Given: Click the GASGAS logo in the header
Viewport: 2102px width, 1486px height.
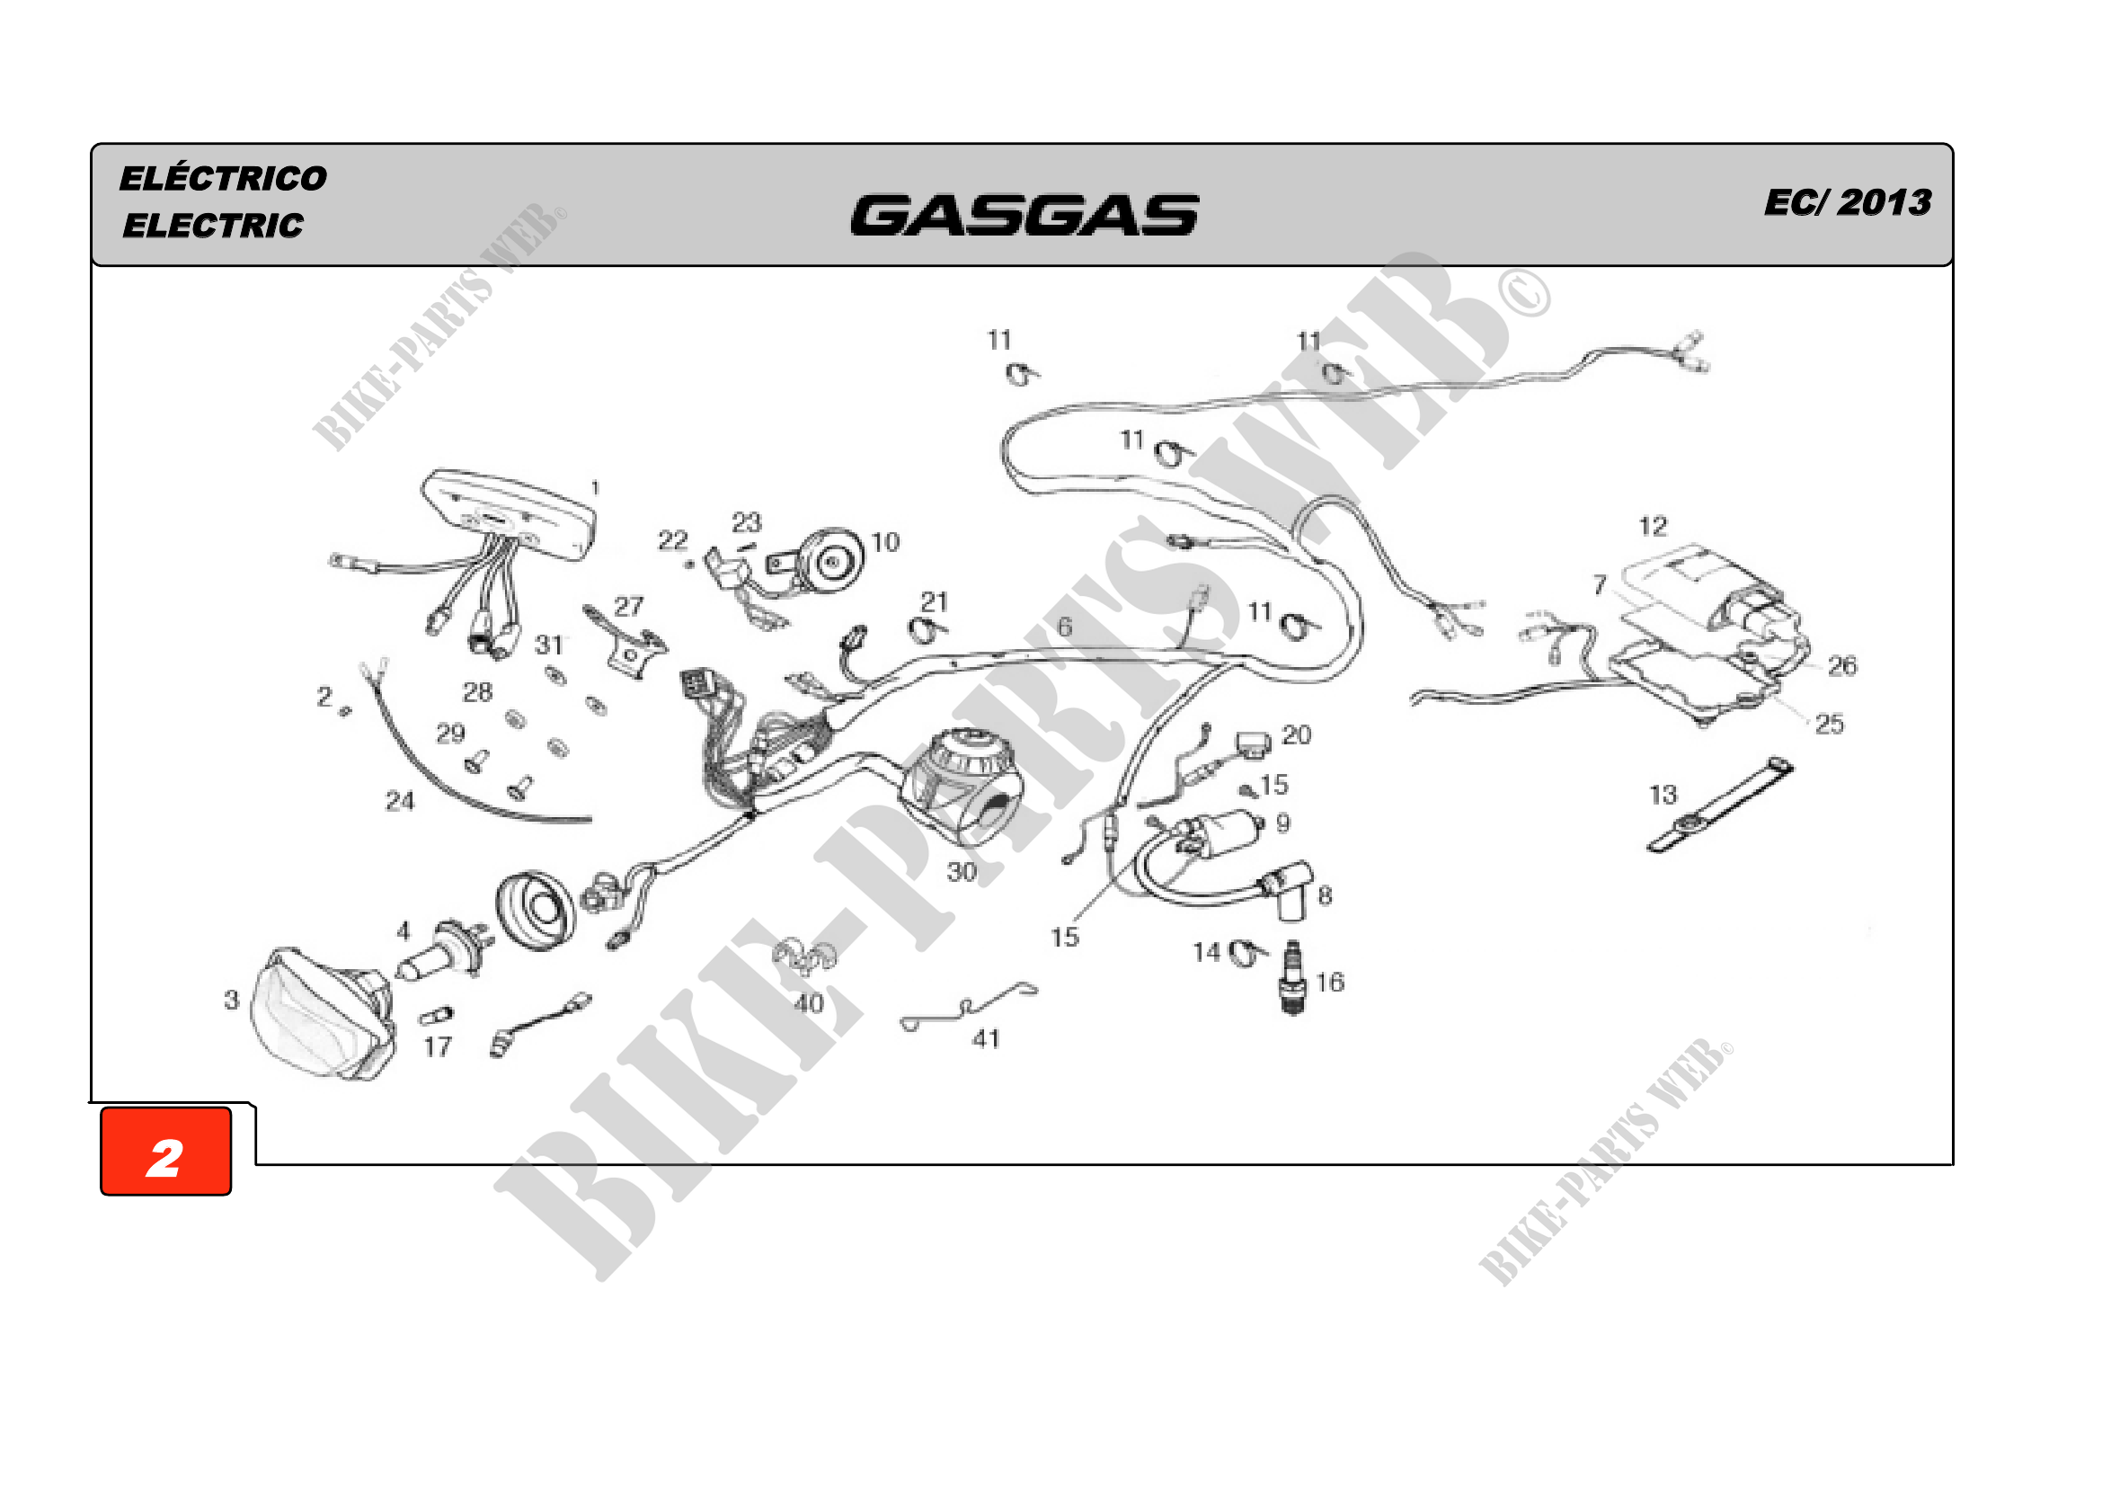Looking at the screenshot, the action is click(1024, 215).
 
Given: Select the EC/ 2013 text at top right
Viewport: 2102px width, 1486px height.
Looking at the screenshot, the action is click(1848, 201).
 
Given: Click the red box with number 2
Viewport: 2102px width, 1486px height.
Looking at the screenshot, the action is click(165, 1151).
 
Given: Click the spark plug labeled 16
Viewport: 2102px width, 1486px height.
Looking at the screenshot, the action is click(1291, 977).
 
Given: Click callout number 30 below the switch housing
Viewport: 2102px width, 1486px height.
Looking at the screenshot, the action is click(962, 872).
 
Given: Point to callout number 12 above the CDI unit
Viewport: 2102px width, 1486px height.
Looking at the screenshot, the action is click(1653, 527).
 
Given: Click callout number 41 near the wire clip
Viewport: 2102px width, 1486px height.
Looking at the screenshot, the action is click(985, 1038).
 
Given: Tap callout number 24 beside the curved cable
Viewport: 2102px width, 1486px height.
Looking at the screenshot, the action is click(399, 801).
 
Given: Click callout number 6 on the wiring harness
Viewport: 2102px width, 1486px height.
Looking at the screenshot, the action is click(1064, 627).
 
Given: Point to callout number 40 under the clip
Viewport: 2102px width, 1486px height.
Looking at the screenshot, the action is click(809, 1003).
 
